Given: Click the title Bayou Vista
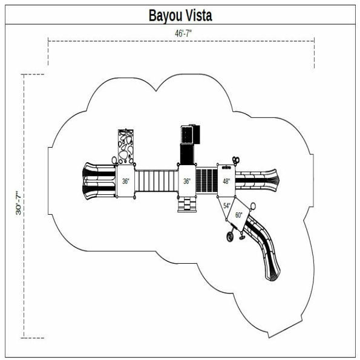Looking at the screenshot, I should [180, 15].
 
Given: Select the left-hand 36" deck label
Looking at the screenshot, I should [125, 181].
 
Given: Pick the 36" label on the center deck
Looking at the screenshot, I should [188, 181].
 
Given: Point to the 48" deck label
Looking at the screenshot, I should [226, 181].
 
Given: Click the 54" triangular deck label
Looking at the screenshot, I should [227, 206].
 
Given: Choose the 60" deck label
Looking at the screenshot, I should [238, 215].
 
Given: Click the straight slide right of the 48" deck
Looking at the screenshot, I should [257, 180].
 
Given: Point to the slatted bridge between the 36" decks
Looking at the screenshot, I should [156, 180].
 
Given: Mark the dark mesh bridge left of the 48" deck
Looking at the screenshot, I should [207, 180].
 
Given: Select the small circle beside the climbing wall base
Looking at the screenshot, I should [114, 161].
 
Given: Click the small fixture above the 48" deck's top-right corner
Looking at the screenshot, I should [236, 160].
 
